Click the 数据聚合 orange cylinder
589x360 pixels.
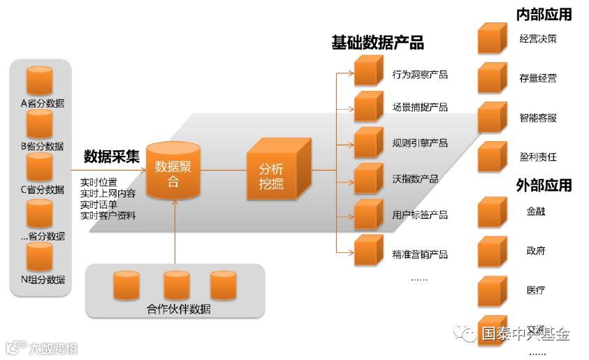pos(173,171)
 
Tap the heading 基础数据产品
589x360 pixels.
pos(377,43)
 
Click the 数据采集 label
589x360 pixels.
pos(111,155)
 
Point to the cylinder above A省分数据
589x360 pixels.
pos(39,80)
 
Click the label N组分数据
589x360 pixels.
pos(43,280)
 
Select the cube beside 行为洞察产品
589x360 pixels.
pos(367,71)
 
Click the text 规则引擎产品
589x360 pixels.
pos(420,143)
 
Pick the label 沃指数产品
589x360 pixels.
pos(415,180)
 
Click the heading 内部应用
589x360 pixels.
pos(544,14)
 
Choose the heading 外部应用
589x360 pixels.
pos(544,185)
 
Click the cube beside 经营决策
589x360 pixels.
pos(492,38)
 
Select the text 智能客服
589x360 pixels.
pos(538,118)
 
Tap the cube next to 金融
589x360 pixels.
pos(492,213)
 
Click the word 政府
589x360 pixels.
pos(536,251)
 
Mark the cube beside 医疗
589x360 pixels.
pos(492,291)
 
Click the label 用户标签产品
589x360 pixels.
pos(420,215)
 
